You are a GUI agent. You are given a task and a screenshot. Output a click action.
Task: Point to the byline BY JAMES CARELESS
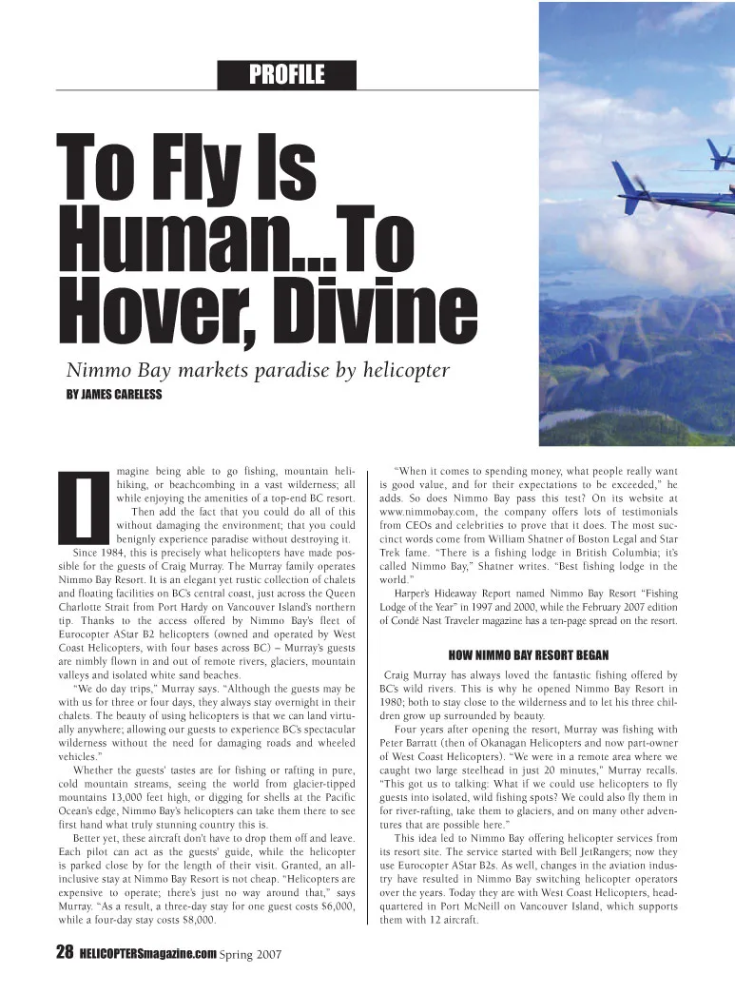click(113, 394)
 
